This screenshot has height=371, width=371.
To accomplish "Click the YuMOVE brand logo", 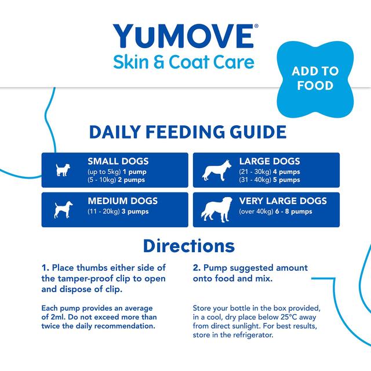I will click(x=183, y=36).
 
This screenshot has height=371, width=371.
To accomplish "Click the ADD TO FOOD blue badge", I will click(x=315, y=78).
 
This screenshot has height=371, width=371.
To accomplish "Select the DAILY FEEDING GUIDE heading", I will click(x=187, y=132).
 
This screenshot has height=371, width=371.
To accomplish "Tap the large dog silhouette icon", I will click(x=213, y=169).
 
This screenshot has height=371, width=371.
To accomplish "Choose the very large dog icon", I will click(x=214, y=209).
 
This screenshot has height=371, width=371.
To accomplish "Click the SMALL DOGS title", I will click(x=118, y=161).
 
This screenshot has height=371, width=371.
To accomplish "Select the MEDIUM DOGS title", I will click(x=122, y=201).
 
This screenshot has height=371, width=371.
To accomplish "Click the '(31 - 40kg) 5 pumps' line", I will click(x=270, y=180).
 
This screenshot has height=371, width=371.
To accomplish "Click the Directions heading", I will click(x=188, y=245).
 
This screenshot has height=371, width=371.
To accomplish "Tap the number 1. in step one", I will click(x=45, y=268).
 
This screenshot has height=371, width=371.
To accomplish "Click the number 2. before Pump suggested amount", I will click(x=197, y=268).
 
